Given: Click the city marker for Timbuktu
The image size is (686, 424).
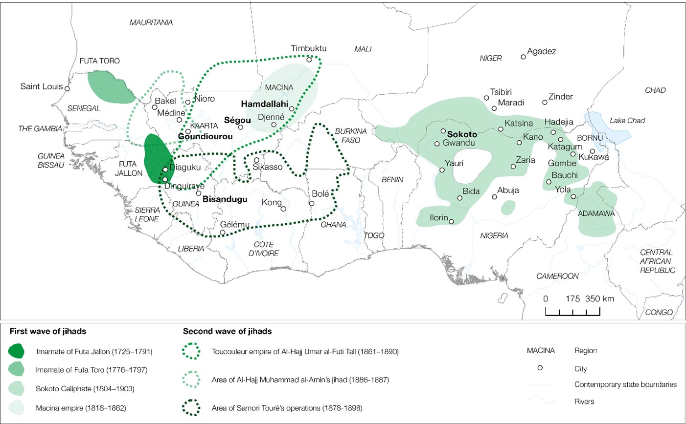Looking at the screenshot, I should click(x=309, y=60).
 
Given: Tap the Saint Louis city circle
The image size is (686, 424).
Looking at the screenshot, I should click(x=68, y=89).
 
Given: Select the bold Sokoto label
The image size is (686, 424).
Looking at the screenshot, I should click(x=462, y=134).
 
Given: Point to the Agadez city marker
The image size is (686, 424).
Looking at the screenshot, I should click(x=523, y=57).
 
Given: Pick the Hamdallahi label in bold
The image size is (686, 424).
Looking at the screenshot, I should click(x=264, y=104).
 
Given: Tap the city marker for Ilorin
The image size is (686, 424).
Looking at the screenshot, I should click(x=451, y=221).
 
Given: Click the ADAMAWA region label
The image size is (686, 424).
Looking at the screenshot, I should click(x=596, y=213).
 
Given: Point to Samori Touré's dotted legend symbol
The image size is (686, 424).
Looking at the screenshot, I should click(x=191, y=408).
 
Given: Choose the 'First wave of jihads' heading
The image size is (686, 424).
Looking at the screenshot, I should click(x=48, y=331).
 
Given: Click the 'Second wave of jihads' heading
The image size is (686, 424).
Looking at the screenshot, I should click(x=227, y=331).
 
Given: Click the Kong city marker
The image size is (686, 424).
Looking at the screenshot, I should click(x=283, y=209).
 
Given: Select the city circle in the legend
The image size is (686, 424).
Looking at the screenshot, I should click(x=540, y=368).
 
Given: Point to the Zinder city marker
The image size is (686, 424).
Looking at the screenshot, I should click(x=545, y=102).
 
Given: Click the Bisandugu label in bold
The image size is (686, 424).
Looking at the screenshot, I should click(x=225, y=199).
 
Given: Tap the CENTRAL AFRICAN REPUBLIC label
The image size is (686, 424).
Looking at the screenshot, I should click(x=658, y=261).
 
